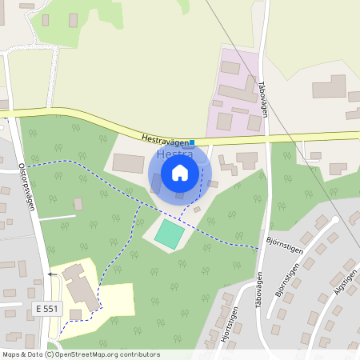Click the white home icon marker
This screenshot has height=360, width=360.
[180, 172]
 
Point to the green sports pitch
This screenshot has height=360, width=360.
[169, 234]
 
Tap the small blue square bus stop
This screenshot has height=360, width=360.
[192, 142]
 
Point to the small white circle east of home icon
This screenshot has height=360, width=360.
[212, 183]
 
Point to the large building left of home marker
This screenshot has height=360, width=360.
[128, 163]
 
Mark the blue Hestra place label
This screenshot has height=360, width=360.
[170, 153]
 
